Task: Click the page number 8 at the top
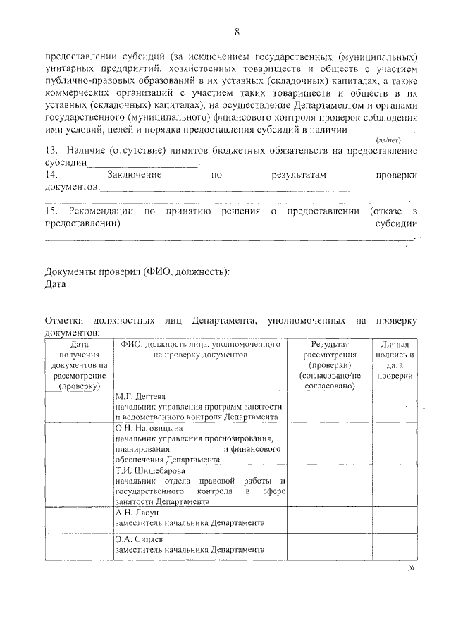point(237,32)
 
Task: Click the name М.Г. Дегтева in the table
point(140,397)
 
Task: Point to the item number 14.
point(50,174)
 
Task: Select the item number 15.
point(50,211)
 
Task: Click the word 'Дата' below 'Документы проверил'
point(56,284)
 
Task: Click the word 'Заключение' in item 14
point(135,174)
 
